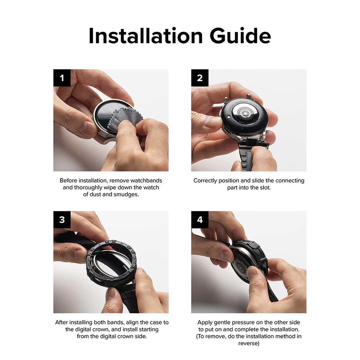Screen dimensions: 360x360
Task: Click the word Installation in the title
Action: coord(145,36)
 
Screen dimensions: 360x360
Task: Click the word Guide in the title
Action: coord(240,36)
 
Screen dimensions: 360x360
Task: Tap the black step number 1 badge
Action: coord(62,78)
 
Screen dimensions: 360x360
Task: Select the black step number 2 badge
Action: coord(200,78)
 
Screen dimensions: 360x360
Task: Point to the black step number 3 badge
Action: coord(62,220)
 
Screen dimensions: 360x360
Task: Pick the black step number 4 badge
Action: coord(200,220)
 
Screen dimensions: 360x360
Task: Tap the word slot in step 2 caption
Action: coord(265,188)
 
